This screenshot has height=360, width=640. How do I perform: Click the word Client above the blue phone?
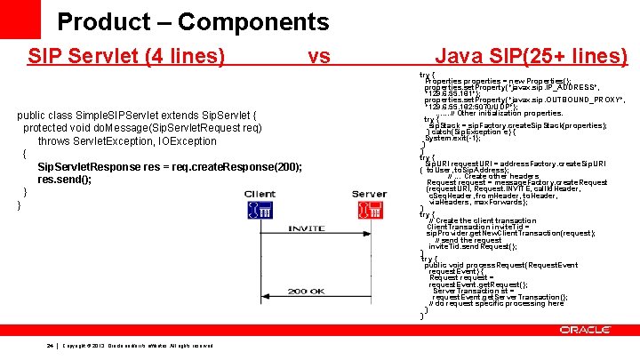pos(259,193)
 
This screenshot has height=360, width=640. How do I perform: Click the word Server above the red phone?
pos(369,193)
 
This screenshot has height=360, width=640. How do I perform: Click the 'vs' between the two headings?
pos(319,57)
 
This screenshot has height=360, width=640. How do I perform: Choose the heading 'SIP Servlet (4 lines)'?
pos(126,57)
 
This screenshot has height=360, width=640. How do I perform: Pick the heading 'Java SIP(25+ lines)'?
pos(532,57)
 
